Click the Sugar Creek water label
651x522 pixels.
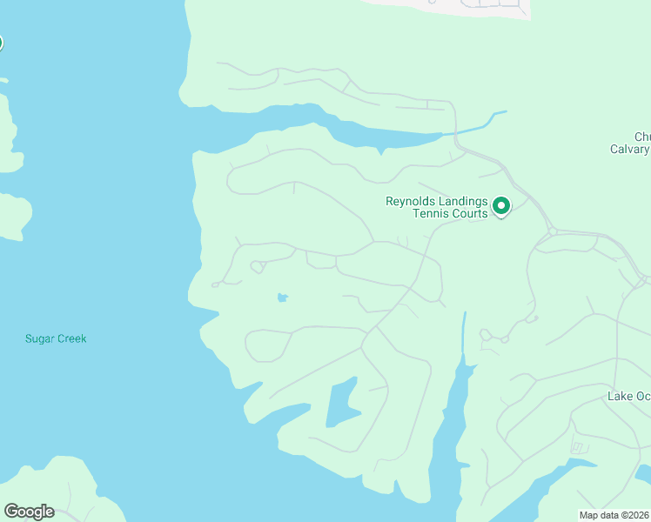(x=56, y=338)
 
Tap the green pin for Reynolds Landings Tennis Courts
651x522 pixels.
(x=501, y=206)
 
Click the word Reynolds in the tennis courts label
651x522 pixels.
(x=412, y=201)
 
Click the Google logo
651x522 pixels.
(x=29, y=512)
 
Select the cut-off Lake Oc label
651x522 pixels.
(x=628, y=397)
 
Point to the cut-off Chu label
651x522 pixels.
(x=641, y=137)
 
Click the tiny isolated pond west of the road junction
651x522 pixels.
(x=282, y=298)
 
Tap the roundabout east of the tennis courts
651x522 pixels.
(x=552, y=231)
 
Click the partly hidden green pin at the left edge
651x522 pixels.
(x=1, y=43)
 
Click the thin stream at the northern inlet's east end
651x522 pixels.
(x=475, y=125)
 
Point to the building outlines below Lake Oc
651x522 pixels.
(x=578, y=448)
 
